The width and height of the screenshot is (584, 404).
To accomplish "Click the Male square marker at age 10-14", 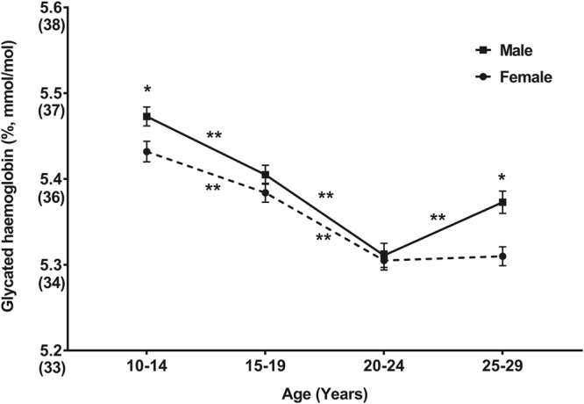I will pyautogui.click(x=146, y=116).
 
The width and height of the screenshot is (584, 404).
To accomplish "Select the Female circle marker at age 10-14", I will pyautogui.click(x=146, y=152).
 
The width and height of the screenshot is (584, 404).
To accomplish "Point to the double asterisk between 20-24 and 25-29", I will pyautogui.click(x=438, y=218).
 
